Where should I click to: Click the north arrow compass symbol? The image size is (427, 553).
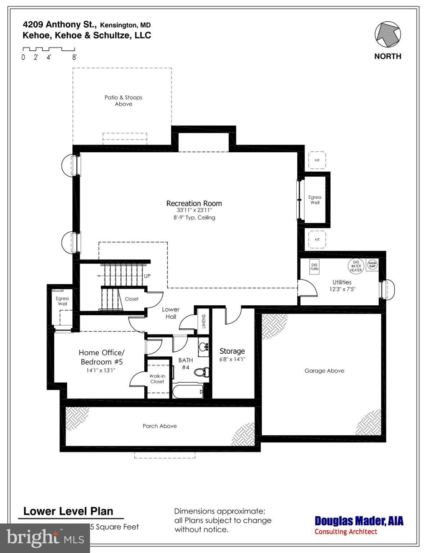point(388,35)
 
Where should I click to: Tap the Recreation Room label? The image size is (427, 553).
point(194,203)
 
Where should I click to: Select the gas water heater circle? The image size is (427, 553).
point(356,266)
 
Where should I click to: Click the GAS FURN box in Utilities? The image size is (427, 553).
point(314,267)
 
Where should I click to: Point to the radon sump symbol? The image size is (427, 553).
point(372,265)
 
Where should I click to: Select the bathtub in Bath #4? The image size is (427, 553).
point(188,392)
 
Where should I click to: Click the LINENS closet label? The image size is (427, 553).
point(203,321)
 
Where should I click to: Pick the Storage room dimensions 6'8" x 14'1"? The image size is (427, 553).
point(232,359)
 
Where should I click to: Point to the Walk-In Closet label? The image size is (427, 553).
point(157,379)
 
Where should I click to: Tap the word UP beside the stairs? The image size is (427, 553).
point(147,276)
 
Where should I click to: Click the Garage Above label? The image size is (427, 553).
point(324,370)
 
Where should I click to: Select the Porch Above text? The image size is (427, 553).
point(159,426)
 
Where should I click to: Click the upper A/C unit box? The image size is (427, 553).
point(317,160)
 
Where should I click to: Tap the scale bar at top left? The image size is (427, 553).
point(49,49)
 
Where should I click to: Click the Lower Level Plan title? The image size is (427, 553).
point(68,511)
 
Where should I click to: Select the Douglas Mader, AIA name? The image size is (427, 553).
point(359,521)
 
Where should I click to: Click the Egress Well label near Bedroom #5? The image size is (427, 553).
point(62,301)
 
